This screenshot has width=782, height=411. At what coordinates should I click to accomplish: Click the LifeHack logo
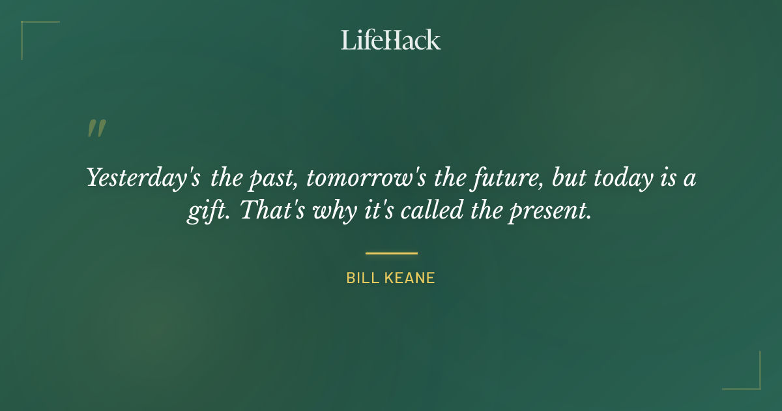tap(390, 40)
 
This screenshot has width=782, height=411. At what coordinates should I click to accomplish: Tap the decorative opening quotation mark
tap(96, 129)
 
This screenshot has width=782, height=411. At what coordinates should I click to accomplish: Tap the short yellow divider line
tap(391, 253)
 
